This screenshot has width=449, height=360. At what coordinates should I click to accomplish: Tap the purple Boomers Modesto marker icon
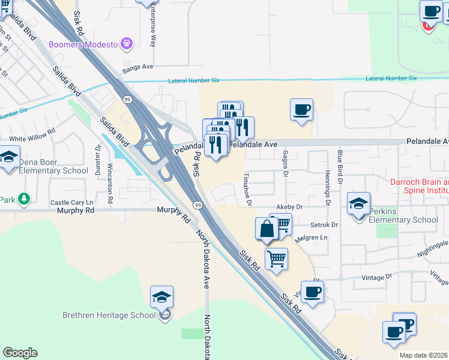pos(126,43)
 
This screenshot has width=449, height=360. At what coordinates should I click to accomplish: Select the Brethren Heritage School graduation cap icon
pos(161,298)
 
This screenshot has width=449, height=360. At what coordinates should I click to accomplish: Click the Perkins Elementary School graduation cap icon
pos(358,203)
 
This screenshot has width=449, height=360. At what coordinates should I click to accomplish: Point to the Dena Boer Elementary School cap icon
pos(9,158)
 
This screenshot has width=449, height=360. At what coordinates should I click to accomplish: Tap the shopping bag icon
pos(267,229)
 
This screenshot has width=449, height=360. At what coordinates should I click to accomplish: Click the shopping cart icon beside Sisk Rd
pos(276,259)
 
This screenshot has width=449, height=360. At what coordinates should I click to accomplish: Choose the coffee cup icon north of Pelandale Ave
pos(301,110)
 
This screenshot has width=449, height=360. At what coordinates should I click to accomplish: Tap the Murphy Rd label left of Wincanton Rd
pos(76,211)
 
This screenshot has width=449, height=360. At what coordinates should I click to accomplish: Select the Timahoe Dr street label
pos(247,189)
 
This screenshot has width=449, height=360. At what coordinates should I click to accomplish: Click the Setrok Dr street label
pos(324,225)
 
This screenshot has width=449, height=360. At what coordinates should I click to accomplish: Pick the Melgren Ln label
pos(311,238)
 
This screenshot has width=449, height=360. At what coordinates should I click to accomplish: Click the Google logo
pos(20,353)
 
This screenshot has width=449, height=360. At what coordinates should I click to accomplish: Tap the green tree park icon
pos(23,199)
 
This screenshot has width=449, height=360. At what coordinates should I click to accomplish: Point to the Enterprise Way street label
pos(153,27)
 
